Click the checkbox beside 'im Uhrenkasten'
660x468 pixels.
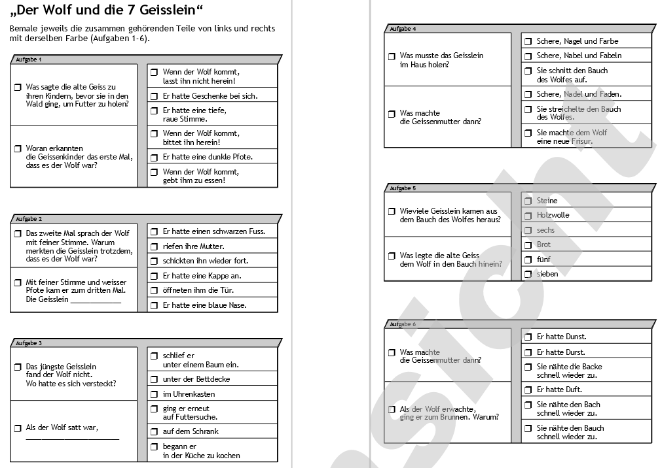[155, 394]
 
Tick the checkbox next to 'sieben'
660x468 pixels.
[528, 274]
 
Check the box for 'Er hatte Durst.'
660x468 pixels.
[528, 352]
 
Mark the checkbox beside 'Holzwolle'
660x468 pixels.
[528, 215]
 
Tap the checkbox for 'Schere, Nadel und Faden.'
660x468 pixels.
[528, 94]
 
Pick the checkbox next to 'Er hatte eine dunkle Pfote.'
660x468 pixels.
[154, 157]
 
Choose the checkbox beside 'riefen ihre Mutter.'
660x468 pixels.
[154, 246]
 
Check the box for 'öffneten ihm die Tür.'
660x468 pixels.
[154, 290]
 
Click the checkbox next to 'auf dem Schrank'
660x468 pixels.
[155, 431]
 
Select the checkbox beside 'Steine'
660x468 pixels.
[528, 201]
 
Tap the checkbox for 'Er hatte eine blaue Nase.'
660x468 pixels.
[154, 305]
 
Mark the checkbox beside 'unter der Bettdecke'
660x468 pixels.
[155, 379]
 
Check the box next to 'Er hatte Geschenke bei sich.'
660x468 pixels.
[154, 96]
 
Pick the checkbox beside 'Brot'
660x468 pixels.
[528, 244]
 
